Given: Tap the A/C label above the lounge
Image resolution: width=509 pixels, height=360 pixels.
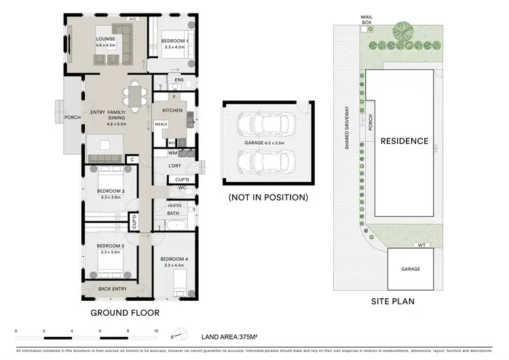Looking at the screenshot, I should (133, 19).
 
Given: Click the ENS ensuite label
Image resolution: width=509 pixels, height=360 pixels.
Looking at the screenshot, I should (178, 81).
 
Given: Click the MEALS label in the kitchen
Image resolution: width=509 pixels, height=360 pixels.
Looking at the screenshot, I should (161, 124).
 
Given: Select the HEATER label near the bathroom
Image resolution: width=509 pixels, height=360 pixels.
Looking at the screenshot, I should (173, 204).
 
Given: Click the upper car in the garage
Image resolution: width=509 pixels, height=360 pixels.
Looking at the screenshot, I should (265, 124).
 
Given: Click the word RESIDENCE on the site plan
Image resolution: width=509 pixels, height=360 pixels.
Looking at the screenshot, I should (404, 141).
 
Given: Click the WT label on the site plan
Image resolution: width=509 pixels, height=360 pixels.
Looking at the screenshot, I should (421, 245).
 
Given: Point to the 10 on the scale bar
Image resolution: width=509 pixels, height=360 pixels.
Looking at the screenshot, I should (157, 331).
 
